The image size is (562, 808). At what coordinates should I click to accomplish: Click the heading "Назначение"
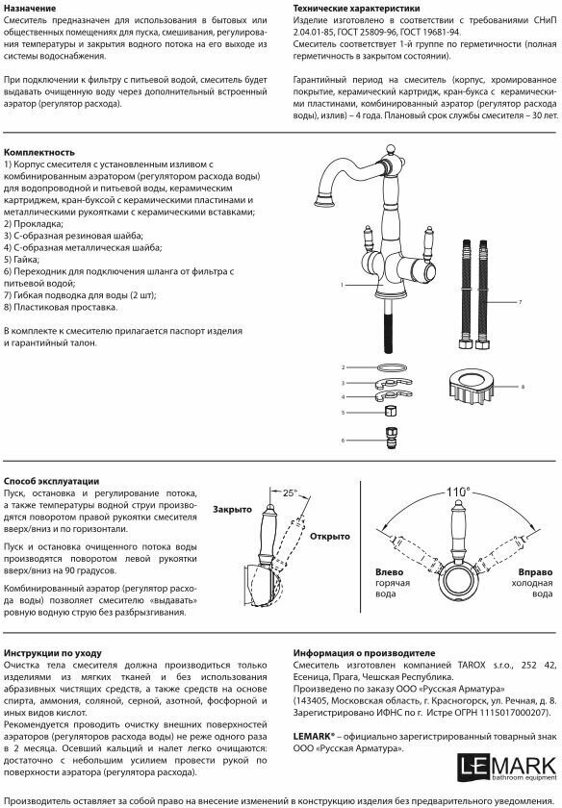(x=30, y=9)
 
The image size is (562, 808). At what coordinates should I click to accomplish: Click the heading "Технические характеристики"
(x=356, y=9)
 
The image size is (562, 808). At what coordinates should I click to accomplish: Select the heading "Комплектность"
(x=39, y=152)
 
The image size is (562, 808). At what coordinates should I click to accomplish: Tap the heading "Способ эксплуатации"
(x=51, y=481)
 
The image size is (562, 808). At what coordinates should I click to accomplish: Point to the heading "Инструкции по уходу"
(x=53, y=653)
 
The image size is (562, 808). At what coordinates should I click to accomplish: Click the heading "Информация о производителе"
(x=364, y=653)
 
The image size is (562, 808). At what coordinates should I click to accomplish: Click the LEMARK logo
(x=507, y=767)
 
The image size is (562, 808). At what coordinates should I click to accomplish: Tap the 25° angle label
(x=291, y=492)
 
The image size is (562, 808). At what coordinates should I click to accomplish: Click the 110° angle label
(x=458, y=492)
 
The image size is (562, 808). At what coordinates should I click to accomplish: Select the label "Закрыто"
(x=233, y=509)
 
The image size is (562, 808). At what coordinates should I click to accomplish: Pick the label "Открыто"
(x=329, y=536)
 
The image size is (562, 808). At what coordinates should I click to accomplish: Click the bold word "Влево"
(x=390, y=571)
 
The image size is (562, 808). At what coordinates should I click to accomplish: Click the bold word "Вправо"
(x=535, y=571)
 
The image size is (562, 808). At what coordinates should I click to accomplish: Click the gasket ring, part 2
(x=392, y=367)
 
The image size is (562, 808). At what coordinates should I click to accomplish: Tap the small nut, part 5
(x=392, y=412)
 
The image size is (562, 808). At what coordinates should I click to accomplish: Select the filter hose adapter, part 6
(x=392, y=439)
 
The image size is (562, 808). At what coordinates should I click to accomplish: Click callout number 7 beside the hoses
(x=520, y=302)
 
